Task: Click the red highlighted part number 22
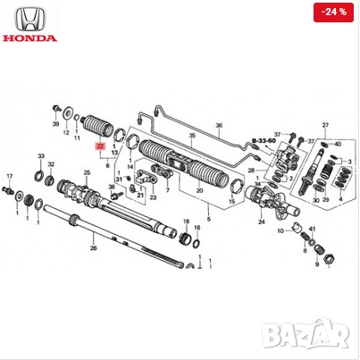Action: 100,145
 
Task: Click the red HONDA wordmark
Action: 30,38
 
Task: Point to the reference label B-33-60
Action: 264,141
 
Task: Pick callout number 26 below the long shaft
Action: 93,249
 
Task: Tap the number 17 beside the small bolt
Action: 10,176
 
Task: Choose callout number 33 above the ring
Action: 40,156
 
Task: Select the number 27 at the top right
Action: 325,124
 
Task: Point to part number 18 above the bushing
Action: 186,220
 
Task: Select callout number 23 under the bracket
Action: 154,197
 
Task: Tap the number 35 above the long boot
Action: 189,136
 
